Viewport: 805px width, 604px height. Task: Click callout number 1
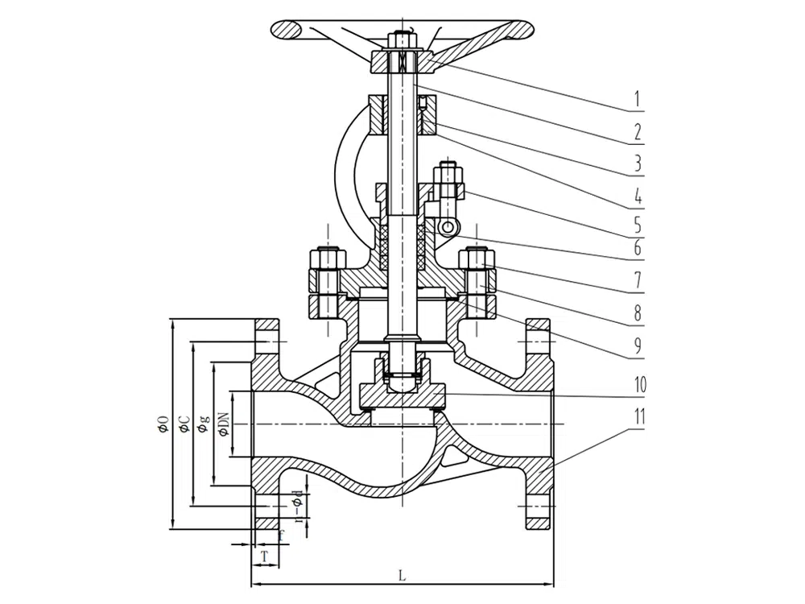click(636, 100)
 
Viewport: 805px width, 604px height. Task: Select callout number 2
click(636, 131)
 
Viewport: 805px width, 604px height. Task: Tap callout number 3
click(636, 163)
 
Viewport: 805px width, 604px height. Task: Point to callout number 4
click(636, 195)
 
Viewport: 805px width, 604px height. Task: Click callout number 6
click(636, 248)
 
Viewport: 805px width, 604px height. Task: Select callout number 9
click(636, 346)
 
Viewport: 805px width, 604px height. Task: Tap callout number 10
click(639, 385)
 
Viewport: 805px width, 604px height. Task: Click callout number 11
click(639, 417)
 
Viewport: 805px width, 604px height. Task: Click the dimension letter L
click(402, 575)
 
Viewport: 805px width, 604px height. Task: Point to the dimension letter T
click(263, 556)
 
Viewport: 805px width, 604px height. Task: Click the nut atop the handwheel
click(401, 38)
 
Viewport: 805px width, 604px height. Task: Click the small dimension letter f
click(281, 534)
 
